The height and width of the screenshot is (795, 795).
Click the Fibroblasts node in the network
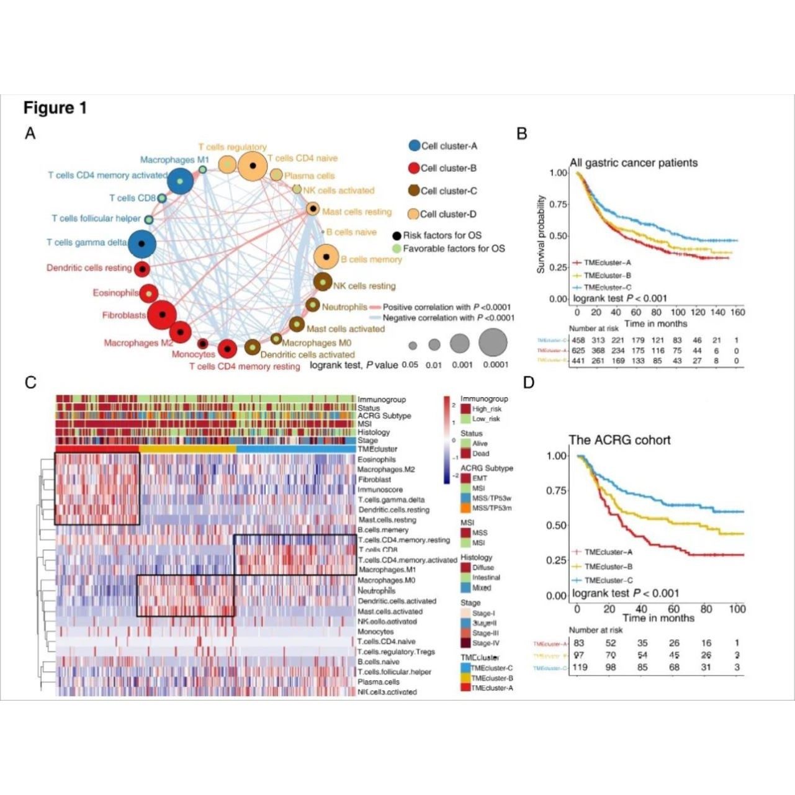[x=163, y=315]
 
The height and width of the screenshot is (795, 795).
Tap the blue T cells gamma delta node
[x=142, y=243]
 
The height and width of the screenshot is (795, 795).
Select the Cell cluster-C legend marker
[x=414, y=191]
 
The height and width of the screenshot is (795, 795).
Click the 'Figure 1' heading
[x=55, y=108]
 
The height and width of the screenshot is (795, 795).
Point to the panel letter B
[x=522, y=133]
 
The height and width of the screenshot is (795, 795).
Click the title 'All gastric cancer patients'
[x=634, y=163]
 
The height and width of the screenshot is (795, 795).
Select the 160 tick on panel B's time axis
[x=737, y=312]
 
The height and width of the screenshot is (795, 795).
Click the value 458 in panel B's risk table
[x=578, y=340]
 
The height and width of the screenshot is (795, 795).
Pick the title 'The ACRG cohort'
[x=619, y=439]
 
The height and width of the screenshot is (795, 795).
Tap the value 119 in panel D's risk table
[x=579, y=667]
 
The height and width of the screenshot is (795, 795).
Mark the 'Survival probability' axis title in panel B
[x=541, y=234]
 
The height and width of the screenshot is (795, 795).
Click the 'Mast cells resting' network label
[x=357, y=212]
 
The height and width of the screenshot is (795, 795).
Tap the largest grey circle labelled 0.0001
[x=493, y=342]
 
